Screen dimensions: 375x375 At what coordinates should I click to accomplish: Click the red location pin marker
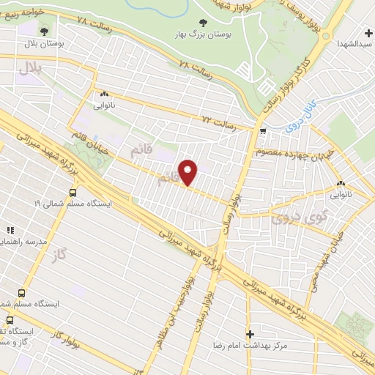[x=188, y=172]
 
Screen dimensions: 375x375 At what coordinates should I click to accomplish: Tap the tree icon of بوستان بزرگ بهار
[x=202, y=23]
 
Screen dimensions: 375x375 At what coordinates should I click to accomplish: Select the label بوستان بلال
[x=46, y=44]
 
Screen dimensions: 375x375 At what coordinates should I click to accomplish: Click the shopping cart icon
[x=262, y=131]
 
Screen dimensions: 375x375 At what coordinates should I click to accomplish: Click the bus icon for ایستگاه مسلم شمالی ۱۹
[x=72, y=193]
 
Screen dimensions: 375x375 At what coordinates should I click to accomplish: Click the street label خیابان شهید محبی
[x=326, y=253]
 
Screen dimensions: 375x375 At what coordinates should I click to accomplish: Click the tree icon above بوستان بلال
[x=46, y=31]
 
